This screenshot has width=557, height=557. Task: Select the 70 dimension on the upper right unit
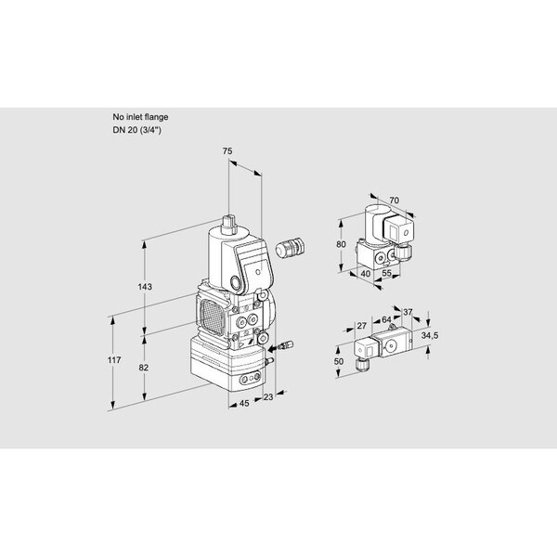pyautogui.click(x=394, y=200)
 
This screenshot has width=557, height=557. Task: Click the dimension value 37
pyautogui.click(x=408, y=312)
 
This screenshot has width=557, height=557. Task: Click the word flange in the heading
pyautogui.click(x=155, y=116)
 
